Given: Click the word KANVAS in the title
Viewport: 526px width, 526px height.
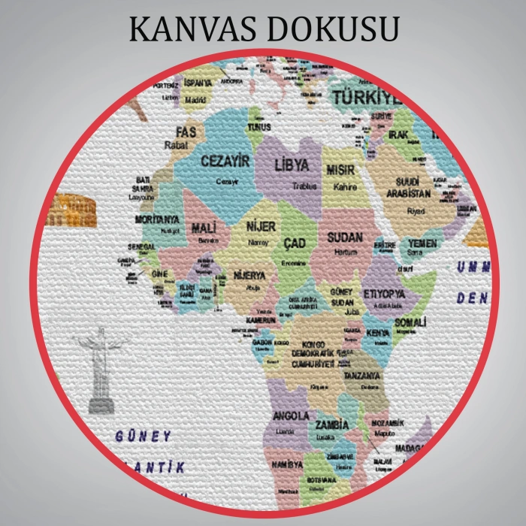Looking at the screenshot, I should click(191, 29).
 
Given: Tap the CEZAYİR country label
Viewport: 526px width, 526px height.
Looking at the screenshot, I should click(225, 160).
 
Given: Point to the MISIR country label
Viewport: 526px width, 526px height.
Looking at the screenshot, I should click(340, 171).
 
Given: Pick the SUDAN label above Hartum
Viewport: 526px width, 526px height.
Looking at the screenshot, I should click(345, 237).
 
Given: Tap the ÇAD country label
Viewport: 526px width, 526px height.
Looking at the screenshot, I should click(294, 243).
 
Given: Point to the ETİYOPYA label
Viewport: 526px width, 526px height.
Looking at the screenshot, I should click(384, 293).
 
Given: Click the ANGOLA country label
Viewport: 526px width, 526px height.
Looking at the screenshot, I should click(290, 416).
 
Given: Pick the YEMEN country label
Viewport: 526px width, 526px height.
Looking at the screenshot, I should click(423, 244).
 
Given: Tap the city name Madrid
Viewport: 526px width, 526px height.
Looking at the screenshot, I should click(195, 98).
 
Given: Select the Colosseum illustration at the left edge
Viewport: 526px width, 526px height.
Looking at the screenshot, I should click(71, 211).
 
